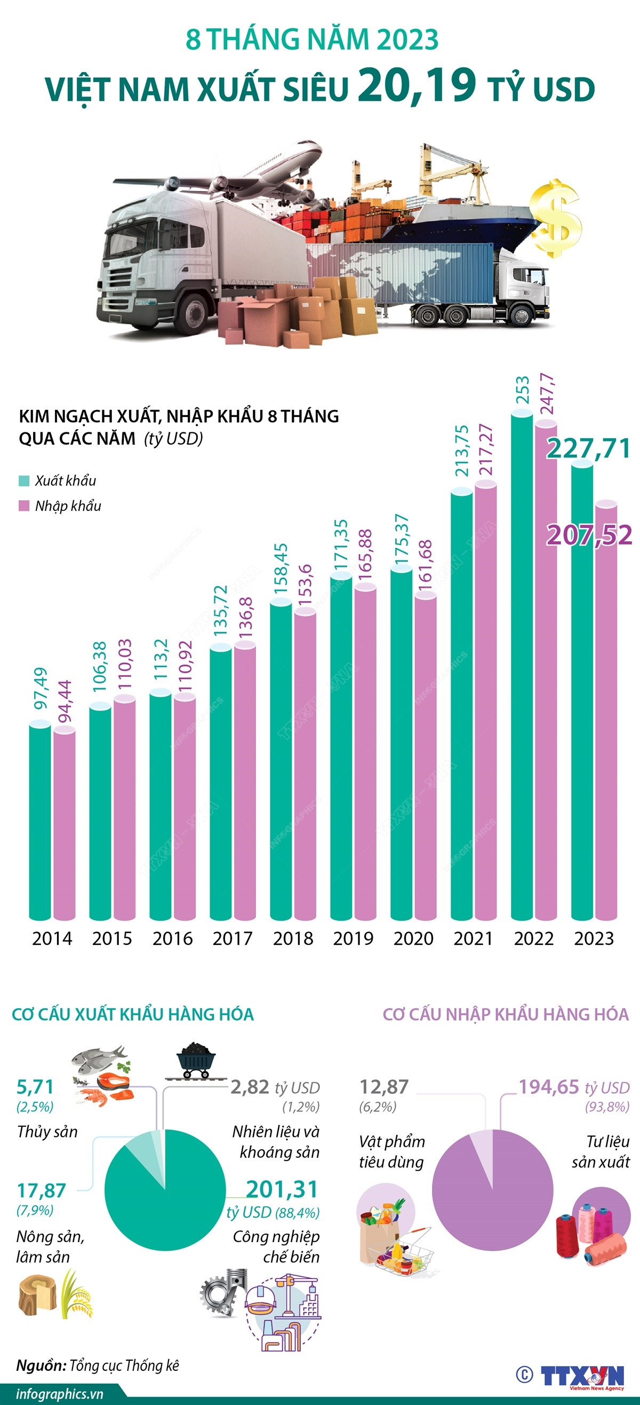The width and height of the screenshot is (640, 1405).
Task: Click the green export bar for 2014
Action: tap(40, 824)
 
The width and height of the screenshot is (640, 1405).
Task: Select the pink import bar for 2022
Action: tap(546, 671)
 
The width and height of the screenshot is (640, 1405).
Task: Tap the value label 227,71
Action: tap(589, 449)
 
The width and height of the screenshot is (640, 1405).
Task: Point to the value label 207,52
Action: tap(589, 535)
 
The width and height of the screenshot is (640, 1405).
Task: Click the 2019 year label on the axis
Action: tap(353, 938)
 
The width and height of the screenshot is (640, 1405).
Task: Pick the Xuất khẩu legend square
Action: tap(24, 480)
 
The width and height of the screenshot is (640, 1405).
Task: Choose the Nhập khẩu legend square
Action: tap(24, 506)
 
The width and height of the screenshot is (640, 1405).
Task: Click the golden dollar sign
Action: tap(556, 218)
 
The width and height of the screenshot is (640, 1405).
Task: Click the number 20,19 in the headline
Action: tap(417, 85)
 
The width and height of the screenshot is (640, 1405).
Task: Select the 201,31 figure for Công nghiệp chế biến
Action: tap(281, 1189)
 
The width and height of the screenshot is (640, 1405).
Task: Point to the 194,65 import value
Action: tap(548, 1087)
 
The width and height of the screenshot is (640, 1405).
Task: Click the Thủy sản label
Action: tap(47, 1132)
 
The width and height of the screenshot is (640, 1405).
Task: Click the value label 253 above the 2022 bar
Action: tap(522, 390)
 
